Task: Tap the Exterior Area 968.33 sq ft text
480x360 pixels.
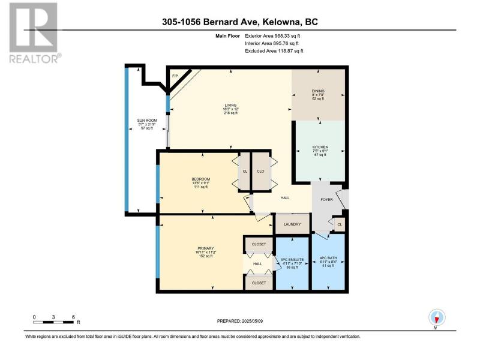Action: coord(272,36)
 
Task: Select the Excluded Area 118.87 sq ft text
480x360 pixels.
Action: coord(274,51)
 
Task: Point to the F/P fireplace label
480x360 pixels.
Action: coord(175,76)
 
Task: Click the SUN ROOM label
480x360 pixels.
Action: coord(147,121)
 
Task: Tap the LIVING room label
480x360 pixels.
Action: coord(230,106)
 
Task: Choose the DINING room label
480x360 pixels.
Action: coord(318,91)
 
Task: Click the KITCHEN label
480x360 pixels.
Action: coord(320,147)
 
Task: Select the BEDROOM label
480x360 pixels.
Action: coord(201,179)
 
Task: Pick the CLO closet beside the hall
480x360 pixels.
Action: coord(260,172)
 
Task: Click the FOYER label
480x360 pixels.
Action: coord(326,200)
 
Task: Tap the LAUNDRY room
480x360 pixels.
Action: coord(292,224)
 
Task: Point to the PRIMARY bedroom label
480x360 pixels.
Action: coord(206,248)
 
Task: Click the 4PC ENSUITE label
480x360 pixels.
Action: coord(292,260)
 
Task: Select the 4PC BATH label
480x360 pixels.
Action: coord(328,258)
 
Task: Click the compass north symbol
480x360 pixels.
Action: coord(437,317)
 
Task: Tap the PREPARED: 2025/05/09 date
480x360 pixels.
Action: coord(240,321)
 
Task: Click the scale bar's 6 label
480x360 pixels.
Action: coord(73,317)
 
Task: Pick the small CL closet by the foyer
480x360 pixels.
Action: coord(340,224)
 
